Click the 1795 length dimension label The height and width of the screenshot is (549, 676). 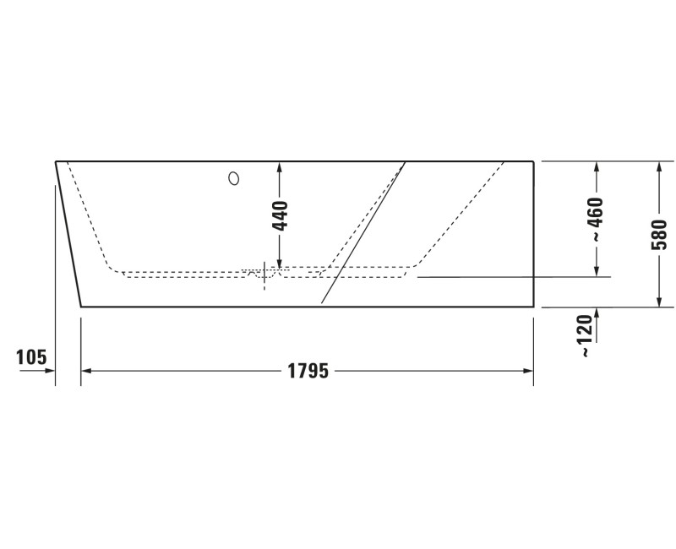click(308, 371)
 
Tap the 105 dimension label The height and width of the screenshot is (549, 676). click(31, 357)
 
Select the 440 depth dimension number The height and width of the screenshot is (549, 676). click(281, 215)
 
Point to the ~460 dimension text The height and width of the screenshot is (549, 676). click(597, 219)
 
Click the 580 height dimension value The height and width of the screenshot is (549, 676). click(659, 235)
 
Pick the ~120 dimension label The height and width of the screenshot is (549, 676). click(586, 335)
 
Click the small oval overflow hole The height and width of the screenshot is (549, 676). click(234, 178)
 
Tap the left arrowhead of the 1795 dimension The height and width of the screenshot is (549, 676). click(86, 371)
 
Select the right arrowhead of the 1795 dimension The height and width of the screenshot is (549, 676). click(528, 371)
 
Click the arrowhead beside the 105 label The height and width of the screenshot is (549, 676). click(50, 371)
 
